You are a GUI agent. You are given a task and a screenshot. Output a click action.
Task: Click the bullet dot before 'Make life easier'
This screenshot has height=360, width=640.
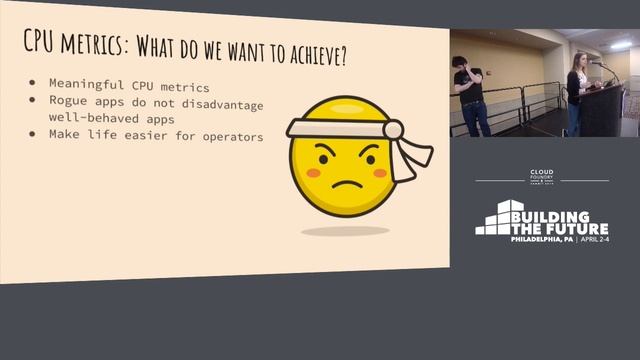(x=33, y=133)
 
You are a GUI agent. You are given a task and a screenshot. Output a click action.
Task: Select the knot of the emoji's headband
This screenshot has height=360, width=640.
(x=393, y=130)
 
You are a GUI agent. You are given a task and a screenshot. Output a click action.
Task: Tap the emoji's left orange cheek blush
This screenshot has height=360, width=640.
(x=313, y=172)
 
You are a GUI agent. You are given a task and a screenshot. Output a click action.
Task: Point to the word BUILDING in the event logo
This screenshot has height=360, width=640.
(x=559, y=215)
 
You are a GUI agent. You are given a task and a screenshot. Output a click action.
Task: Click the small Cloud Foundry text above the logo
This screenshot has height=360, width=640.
(x=541, y=176)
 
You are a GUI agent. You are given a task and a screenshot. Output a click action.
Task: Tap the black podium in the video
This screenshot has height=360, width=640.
(x=601, y=110)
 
